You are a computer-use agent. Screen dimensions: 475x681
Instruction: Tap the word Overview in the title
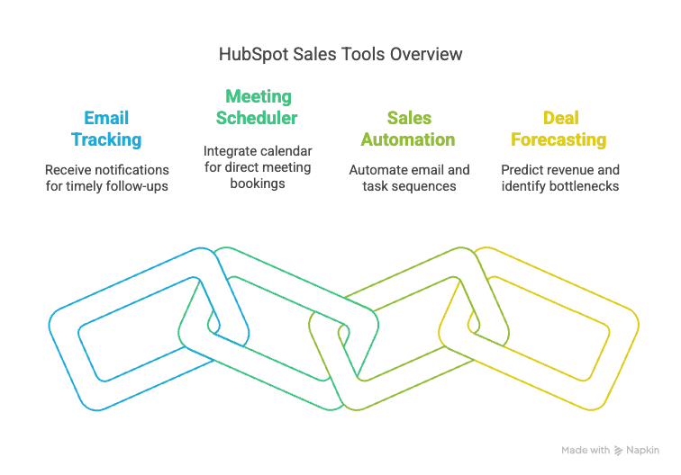point(426,54)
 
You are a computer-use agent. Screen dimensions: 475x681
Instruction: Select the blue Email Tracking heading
point(106,129)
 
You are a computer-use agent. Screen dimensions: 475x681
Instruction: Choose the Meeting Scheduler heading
point(257,106)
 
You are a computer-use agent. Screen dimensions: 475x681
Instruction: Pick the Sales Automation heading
point(408,129)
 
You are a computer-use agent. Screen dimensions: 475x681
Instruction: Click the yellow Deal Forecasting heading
point(559,129)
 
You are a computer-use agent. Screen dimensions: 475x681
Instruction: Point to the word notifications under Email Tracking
point(133,169)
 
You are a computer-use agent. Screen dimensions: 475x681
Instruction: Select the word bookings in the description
point(257,183)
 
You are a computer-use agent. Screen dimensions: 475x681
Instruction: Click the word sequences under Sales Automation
point(422,186)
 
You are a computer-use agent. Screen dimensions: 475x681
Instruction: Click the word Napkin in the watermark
point(643,450)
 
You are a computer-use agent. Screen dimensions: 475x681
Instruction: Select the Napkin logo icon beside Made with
point(619,450)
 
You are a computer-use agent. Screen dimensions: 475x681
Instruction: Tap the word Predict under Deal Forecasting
point(520,169)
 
